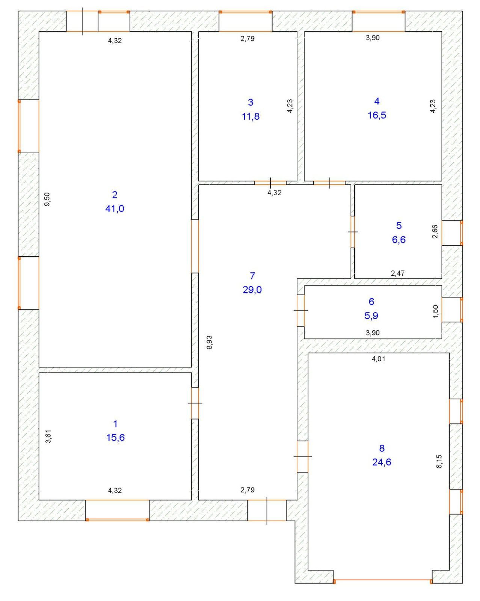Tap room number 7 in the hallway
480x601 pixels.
point(252,276)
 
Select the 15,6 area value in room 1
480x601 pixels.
point(115,438)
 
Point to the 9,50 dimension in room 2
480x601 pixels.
point(47,199)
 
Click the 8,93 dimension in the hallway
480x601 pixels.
point(210,342)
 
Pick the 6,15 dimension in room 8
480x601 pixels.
point(439,461)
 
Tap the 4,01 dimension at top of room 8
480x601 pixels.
point(378,359)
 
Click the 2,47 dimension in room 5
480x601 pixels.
point(398,273)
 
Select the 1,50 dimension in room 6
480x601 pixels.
point(435,311)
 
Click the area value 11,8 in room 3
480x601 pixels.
point(251,116)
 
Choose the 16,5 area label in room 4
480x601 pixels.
point(377,115)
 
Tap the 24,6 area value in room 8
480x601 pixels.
point(382,462)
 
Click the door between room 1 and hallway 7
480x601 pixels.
point(195,403)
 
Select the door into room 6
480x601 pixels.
point(300,311)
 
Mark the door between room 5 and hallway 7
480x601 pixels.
point(353,232)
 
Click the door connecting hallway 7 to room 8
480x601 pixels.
point(302,456)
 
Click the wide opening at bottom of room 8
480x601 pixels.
point(382,581)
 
